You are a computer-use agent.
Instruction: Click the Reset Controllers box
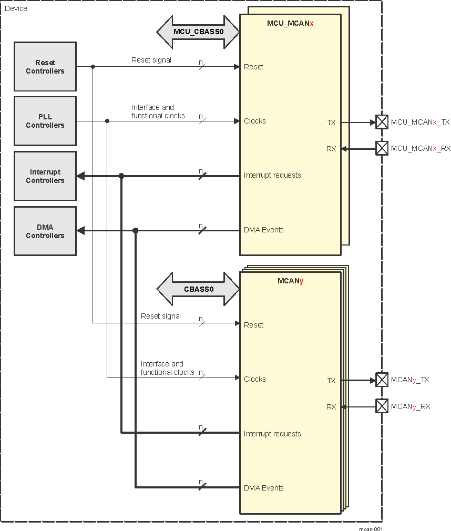click(45, 67)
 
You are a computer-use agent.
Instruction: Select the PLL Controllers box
click(45, 121)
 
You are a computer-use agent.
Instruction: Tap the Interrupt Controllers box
click(45, 176)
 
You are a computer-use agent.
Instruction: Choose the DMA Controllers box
click(45, 231)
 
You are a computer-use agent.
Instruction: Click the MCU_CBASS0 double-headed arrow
click(198, 32)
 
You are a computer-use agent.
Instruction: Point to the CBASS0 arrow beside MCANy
click(198, 289)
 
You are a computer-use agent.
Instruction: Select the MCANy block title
click(290, 281)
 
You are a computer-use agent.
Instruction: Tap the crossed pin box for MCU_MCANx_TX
click(382, 122)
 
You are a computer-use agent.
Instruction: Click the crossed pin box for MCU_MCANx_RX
click(382, 148)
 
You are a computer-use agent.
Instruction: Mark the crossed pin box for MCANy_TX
click(382, 380)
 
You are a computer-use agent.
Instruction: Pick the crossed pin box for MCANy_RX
click(382, 406)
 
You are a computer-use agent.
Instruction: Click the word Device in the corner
click(16, 8)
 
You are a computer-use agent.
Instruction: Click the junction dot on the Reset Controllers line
click(93, 67)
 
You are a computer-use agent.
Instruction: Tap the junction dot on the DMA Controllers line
click(135, 230)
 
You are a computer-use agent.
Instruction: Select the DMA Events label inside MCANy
click(263, 488)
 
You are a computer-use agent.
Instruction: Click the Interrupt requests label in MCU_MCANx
click(272, 175)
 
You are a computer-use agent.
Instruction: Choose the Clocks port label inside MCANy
click(255, 379)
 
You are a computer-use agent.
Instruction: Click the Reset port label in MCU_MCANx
click(254, 67)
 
